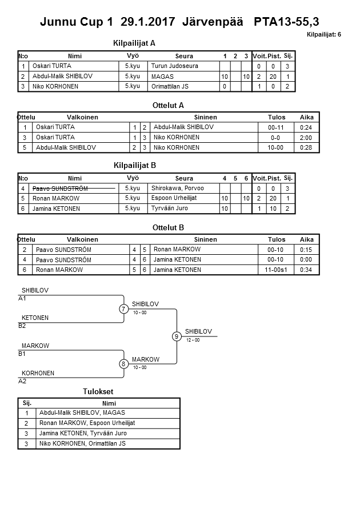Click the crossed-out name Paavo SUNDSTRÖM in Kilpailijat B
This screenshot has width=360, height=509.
coord(60,188)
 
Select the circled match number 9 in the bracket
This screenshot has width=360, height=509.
coord(177,336)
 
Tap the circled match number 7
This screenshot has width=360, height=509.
coord(124,309)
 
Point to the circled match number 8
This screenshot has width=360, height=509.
coord(123,364)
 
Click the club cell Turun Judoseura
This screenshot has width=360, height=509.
coord(175,66)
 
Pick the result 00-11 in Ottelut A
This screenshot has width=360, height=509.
coord(277,127)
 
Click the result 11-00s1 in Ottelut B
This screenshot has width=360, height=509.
coord(277,270)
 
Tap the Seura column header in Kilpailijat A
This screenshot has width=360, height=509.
coord(184,56)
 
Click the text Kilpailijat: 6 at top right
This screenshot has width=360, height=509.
coord(324,35)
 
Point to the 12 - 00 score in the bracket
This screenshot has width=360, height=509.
coord(193,340)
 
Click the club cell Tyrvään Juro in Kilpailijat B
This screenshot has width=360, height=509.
coord(170,209)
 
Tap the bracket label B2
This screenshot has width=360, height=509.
coord(22,326)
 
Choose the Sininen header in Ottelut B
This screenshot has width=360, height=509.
coord(205,239)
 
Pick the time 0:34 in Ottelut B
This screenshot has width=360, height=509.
coord(307,270)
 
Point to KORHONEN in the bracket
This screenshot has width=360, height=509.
coord(38,373)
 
